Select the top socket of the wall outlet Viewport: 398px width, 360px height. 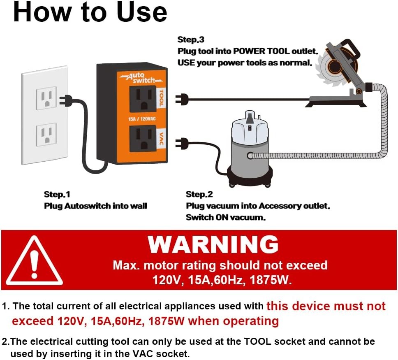tap(46, 98)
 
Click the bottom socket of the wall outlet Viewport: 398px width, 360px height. tap(46, 135)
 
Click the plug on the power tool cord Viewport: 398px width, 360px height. tap(182, 98)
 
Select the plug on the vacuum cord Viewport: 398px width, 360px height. tap(182, 143)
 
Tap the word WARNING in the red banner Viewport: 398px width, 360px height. tap(213, 244)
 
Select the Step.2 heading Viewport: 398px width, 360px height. tap(199, 194)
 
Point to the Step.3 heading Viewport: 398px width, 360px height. tap(191, 40)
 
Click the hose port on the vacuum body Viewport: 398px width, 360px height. tap(250, 156)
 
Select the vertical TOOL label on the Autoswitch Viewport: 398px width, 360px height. tap(161, 98)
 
